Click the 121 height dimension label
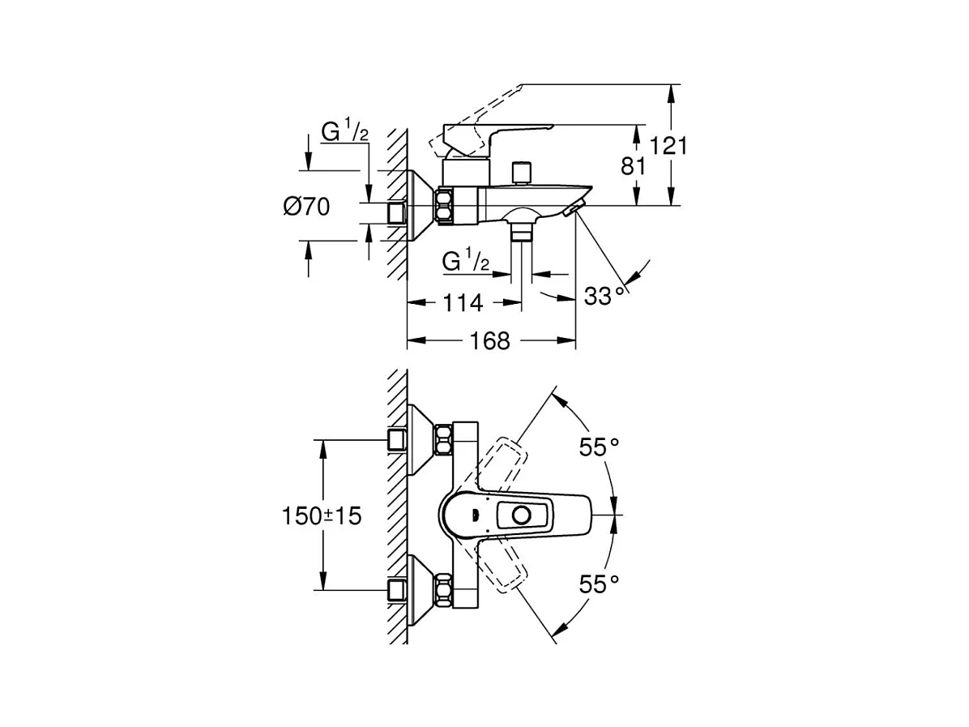[668, 146]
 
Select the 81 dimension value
[633, 165]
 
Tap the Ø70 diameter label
[306, 206]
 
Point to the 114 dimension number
[463, 303]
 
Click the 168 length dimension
[490, 340]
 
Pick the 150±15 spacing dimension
[322, 515]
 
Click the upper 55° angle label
[599, 447]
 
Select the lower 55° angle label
[599, 583]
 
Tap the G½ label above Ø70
[345, 131]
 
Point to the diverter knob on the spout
[523, 173]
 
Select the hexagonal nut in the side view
[445, 205]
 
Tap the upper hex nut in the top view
[443, 439]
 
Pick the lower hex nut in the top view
[443, 590]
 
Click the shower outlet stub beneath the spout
[523, 233]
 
